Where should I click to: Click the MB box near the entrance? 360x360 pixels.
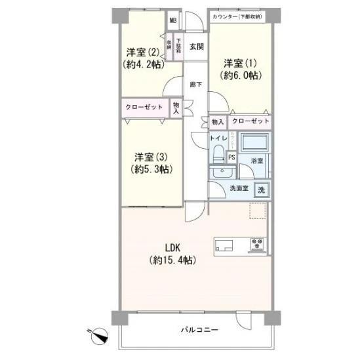point(173,20)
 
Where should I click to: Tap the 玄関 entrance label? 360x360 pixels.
point(196,47)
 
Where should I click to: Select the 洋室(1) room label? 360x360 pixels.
point(241,69)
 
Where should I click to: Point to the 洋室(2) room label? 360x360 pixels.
point(142,58)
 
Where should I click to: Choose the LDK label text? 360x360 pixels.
point(172,252)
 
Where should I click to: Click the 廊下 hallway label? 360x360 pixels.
point(195,84)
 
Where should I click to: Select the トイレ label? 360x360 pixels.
point(218,138)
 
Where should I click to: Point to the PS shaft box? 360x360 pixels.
point(231,157)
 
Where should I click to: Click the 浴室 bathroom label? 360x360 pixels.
point(257,160)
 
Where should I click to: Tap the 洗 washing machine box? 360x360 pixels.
point(261,190)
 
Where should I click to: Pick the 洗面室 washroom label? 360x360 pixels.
point(238,190)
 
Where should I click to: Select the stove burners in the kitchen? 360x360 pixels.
point(256,246)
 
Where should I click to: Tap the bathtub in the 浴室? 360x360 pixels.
point(254,144)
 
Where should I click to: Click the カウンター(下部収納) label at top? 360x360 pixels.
point(237,16)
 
